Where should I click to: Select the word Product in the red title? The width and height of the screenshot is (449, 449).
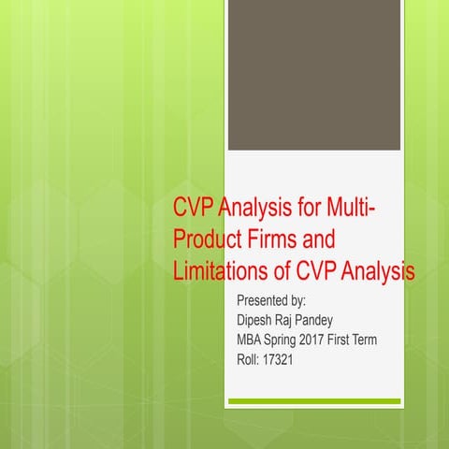point(209,239)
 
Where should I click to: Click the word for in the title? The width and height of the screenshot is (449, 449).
point(297,208)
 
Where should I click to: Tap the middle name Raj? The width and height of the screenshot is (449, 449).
point(294,321)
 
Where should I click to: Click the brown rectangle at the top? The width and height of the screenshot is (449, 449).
point(315,75)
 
